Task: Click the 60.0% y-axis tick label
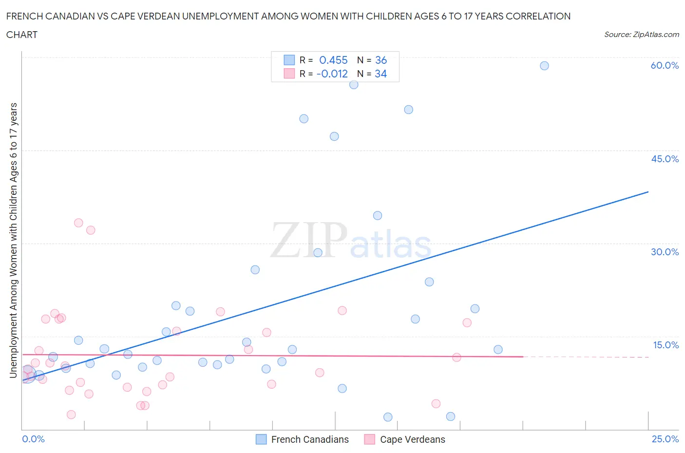[665, 65]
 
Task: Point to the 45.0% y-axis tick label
[665, 159]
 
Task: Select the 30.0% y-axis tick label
[665, 252]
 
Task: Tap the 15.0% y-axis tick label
[666, 345]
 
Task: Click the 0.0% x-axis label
[33, 439]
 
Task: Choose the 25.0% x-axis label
[665, 439]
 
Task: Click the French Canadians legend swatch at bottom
[261, 439]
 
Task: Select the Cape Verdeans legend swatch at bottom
[370, 439]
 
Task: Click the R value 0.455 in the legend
[333, 60]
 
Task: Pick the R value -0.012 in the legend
[332, 74]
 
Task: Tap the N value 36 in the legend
[381, 60]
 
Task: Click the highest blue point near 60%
[544, 66]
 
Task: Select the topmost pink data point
[78, 223]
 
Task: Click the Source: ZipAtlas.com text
[641, 35]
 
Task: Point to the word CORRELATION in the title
[538, 16]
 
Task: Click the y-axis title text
[13, 240]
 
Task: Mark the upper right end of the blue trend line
[648, 192]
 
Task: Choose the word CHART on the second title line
[22, 35]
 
